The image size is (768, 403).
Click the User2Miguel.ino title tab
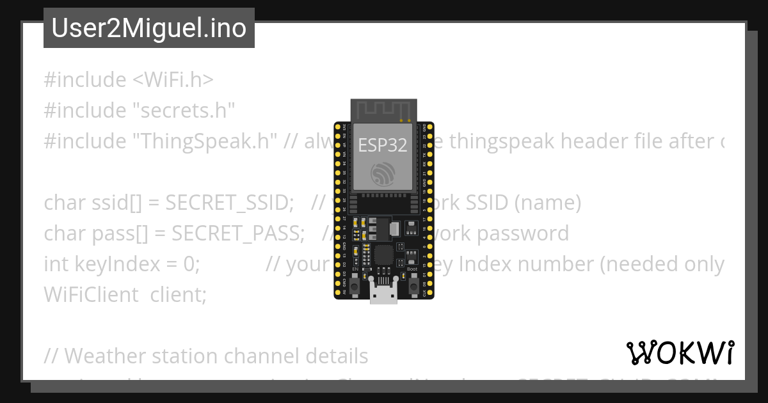coord(148,28)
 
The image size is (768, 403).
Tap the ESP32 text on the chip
coord(383,145)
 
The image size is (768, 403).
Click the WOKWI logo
coord(680,352)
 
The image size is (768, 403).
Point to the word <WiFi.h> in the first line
coord(173,80)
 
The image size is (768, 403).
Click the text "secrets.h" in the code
coord(184,111)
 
